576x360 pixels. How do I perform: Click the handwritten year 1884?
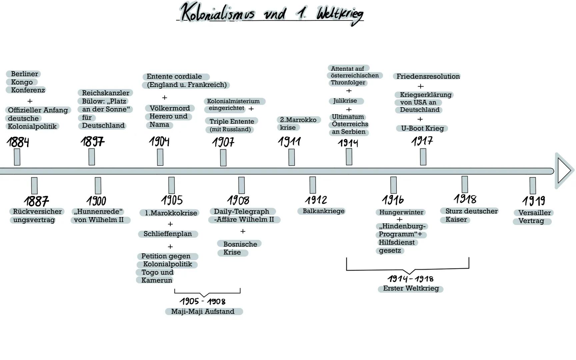[x=18, y=142]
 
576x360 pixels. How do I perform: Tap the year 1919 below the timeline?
[x=534, y=201]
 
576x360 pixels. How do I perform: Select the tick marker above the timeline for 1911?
[x=291, y=157]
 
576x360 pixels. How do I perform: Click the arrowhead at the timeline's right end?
[x=564, y=171]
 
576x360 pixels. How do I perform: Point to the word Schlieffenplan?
[x=168, y=234]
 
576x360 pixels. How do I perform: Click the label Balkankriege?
[x=323, y=211]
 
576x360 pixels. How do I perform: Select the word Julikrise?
[x=345, y=101]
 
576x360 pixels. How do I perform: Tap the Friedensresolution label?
[x=428, y=76]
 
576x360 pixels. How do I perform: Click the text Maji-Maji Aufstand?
[x=203, y=311]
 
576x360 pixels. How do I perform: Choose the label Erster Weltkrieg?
[x=411, y=288]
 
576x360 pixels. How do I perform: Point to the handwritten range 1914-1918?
[x=410, y=279]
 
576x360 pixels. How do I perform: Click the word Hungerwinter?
[x=401, y=212]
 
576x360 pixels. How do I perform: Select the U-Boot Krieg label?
[x=422, y=128]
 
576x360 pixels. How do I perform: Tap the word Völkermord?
[x=170, y=108]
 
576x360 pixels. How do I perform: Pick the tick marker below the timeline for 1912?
[x=313, y=185]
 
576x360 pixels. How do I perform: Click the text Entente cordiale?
[x=174, y=77]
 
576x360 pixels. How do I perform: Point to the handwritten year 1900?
[x=96, y=201]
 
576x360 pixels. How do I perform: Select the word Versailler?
[x=534, y=213]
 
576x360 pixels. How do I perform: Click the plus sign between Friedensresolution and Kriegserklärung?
[x=421, y=86]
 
